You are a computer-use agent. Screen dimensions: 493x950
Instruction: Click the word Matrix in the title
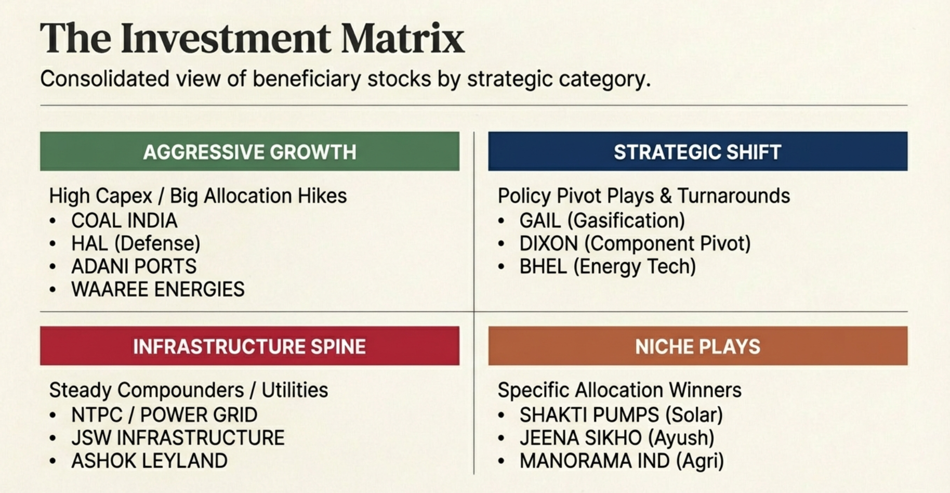403,38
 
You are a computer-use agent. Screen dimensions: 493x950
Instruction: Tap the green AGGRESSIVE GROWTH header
249,152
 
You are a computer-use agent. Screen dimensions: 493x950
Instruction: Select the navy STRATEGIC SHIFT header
697,152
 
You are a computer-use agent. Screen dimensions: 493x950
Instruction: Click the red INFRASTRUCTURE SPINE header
249,346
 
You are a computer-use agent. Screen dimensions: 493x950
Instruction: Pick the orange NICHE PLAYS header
697,346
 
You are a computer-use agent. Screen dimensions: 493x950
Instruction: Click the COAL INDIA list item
124,221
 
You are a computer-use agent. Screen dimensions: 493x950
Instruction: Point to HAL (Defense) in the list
136,244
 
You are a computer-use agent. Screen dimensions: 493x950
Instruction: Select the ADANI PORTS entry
134,267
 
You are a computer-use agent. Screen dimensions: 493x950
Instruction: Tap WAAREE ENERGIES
157,290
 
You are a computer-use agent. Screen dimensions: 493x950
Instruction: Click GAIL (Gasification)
602,221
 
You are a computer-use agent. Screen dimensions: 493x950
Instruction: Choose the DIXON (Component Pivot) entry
635,244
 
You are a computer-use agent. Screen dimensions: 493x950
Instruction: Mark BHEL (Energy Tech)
607,267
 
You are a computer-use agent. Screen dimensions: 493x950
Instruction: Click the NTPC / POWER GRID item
164,416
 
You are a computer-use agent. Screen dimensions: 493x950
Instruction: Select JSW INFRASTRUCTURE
178,438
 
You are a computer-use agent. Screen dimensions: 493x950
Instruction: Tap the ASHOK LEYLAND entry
149,461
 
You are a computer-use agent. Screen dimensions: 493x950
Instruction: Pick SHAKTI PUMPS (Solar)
621,416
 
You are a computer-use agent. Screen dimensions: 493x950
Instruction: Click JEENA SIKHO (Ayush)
616,438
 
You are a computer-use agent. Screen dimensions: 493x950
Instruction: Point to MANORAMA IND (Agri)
621,461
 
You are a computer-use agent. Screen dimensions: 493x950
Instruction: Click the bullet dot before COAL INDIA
52,222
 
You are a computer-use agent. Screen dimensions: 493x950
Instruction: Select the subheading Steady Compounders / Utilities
189,391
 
